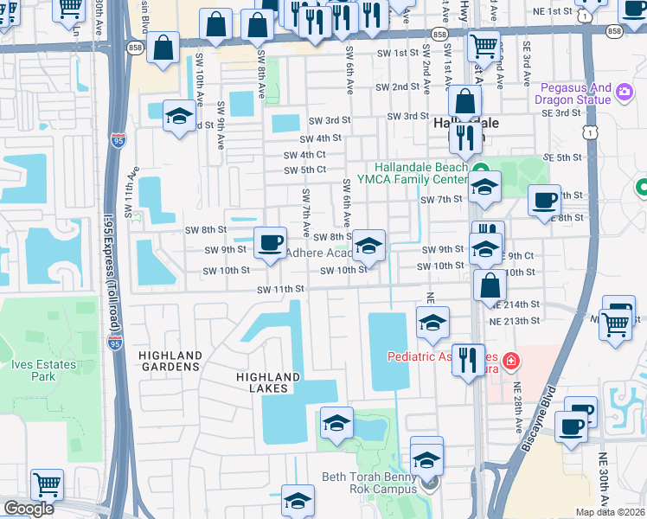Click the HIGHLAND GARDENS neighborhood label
coord(170,362)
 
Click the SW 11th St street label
coord(280,289)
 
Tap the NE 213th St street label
coord(516,321)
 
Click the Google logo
coord(28,509)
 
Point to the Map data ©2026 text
coord(611,512)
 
